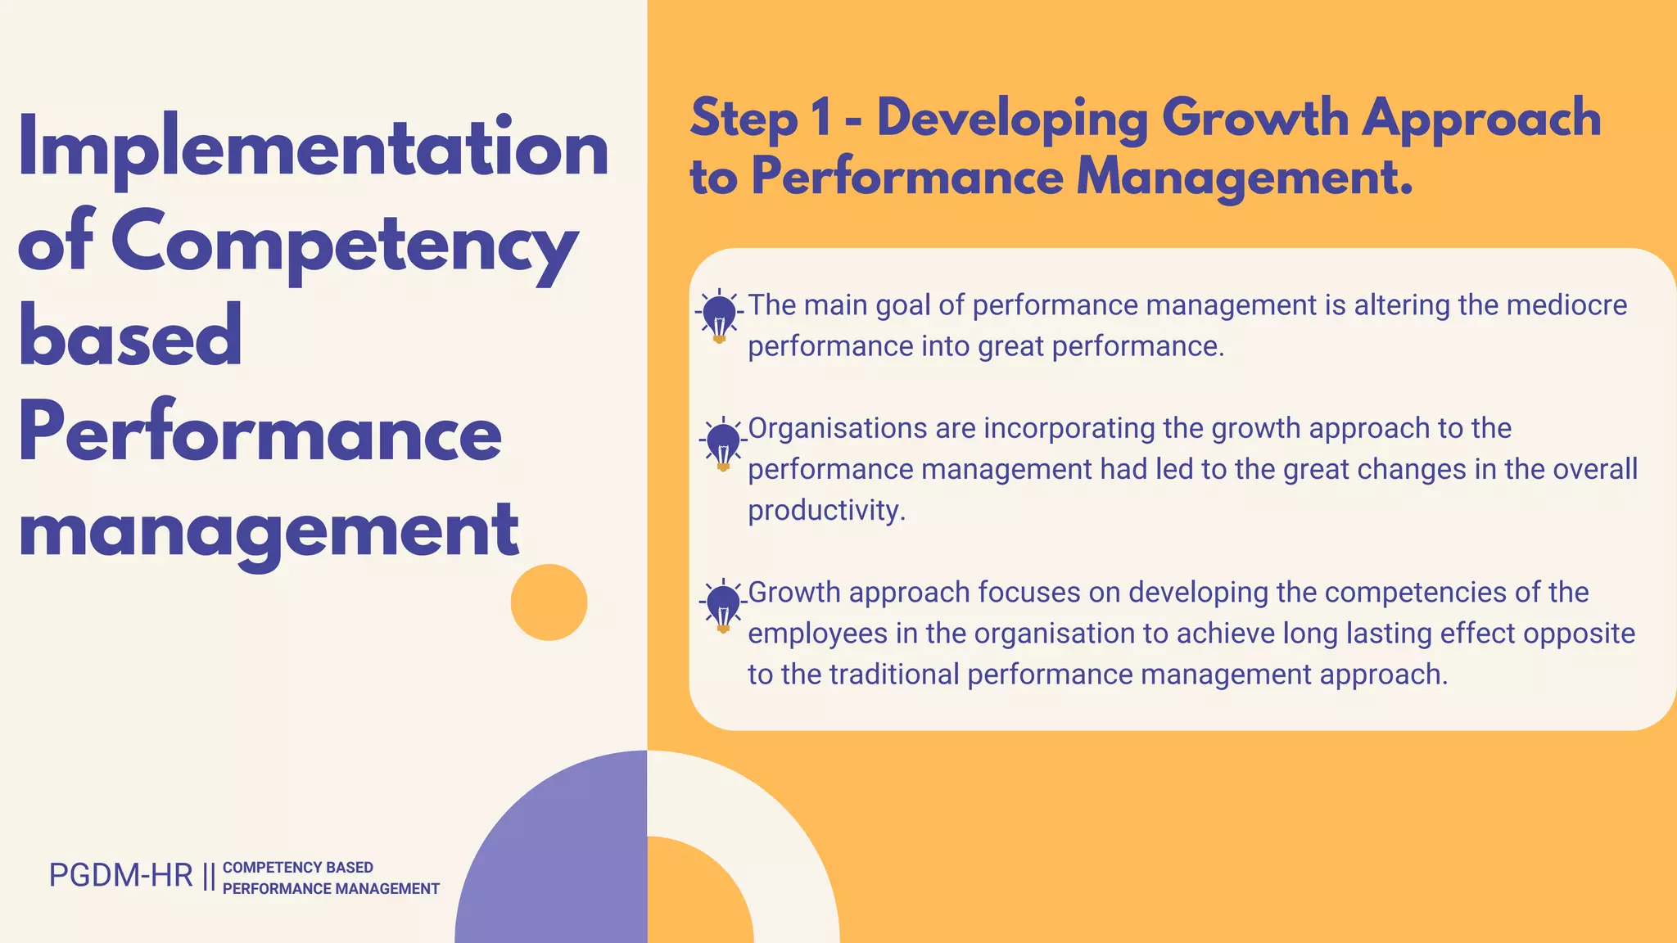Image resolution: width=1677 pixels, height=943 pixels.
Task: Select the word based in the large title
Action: (130, 336)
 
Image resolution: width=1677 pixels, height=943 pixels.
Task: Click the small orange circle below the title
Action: (549, 602)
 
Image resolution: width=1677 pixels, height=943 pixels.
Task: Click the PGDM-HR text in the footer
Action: (120, 876)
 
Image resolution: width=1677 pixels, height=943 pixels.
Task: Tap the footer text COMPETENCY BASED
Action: (298, 868)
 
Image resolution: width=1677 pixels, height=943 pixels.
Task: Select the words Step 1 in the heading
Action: (760, 119)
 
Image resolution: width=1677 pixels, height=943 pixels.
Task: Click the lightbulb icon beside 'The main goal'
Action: (720, 315)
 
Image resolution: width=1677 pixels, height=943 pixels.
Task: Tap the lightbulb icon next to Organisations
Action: (723, 444)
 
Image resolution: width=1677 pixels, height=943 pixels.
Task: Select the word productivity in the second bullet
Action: (825, 511)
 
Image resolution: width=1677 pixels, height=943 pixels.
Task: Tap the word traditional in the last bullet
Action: (893, 675)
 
